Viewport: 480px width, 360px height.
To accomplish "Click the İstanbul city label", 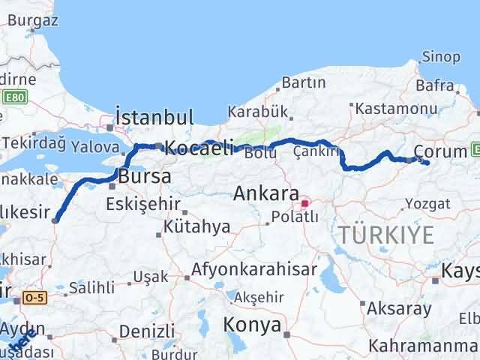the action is pyautogui.click(x=154, y=118).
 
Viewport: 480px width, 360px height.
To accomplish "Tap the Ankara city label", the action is pyautogui.click(x=267, y=193).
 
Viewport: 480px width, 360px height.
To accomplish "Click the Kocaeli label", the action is pyautogui.click(x=199, y=148).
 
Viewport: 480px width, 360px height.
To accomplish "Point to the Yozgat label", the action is pyautogui.click(x=427, y=203).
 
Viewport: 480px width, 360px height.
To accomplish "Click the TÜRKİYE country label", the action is pyautogui.click(x=385, y=235).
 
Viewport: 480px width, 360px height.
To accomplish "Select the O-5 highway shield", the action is pyautogui.click(x=34, y=298).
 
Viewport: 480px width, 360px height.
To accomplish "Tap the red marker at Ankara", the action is pyautogui.click(x=304, y=202).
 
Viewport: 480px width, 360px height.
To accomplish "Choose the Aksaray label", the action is pyautogui.click(x=398, y=308).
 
